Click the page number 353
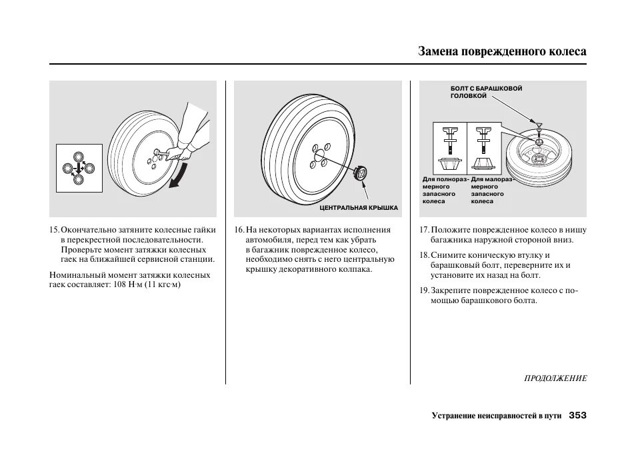[x=577, y=416]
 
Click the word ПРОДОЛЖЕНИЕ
[x=555, y=378]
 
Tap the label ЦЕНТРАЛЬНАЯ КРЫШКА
[x=359, y=208]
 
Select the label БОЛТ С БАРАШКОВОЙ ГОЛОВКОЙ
[x=477, y=92]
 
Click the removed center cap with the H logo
[x=361, y=173]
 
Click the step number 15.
[x=54, y=230]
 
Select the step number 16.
[x=239, y=230]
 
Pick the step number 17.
[x=423, y=230]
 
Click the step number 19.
[x=423, y=290]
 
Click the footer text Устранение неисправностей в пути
[x=496, y=416]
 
